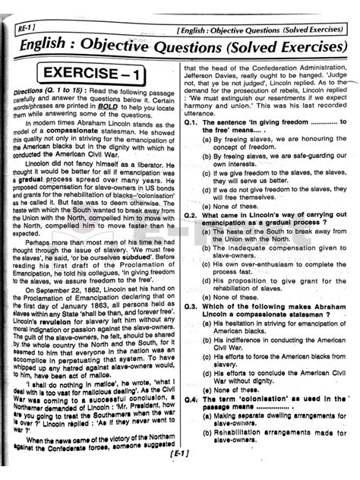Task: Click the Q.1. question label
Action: [191, 122]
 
